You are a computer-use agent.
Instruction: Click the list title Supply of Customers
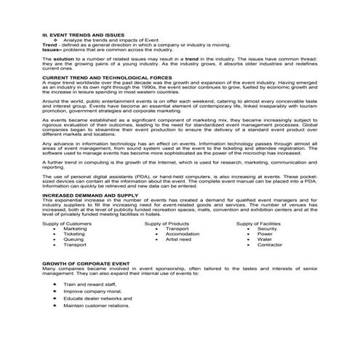tap(67, 223)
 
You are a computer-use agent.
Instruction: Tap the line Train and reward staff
tap(89, 284)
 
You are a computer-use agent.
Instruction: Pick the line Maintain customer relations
tap(96, 305)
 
